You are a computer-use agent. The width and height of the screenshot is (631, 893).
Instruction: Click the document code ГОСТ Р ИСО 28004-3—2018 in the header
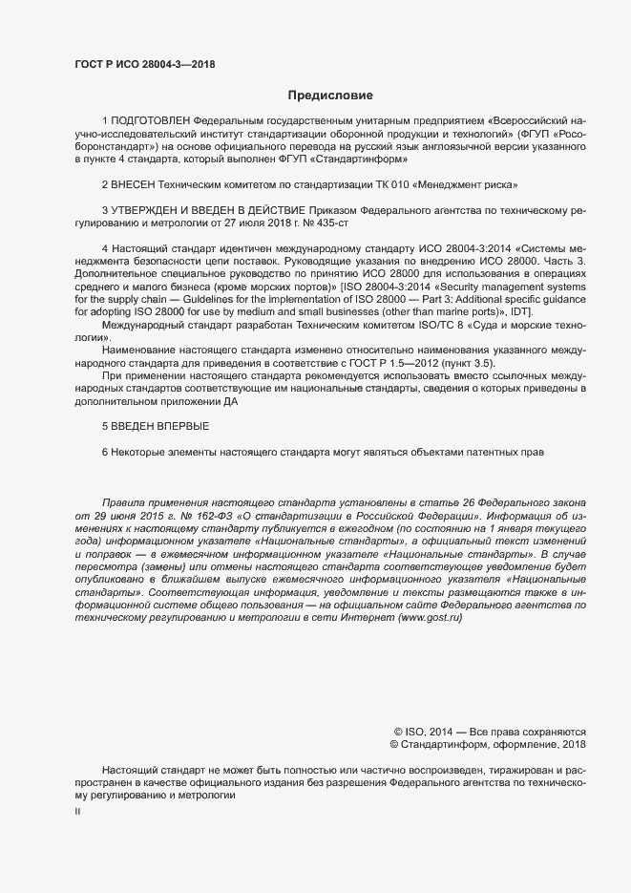point(145,64)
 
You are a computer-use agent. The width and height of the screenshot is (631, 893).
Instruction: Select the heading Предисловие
point(330,96)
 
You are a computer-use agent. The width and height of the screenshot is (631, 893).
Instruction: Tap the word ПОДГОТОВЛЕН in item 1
point(151,122)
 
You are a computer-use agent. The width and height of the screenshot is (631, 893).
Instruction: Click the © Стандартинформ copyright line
point(489,744)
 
